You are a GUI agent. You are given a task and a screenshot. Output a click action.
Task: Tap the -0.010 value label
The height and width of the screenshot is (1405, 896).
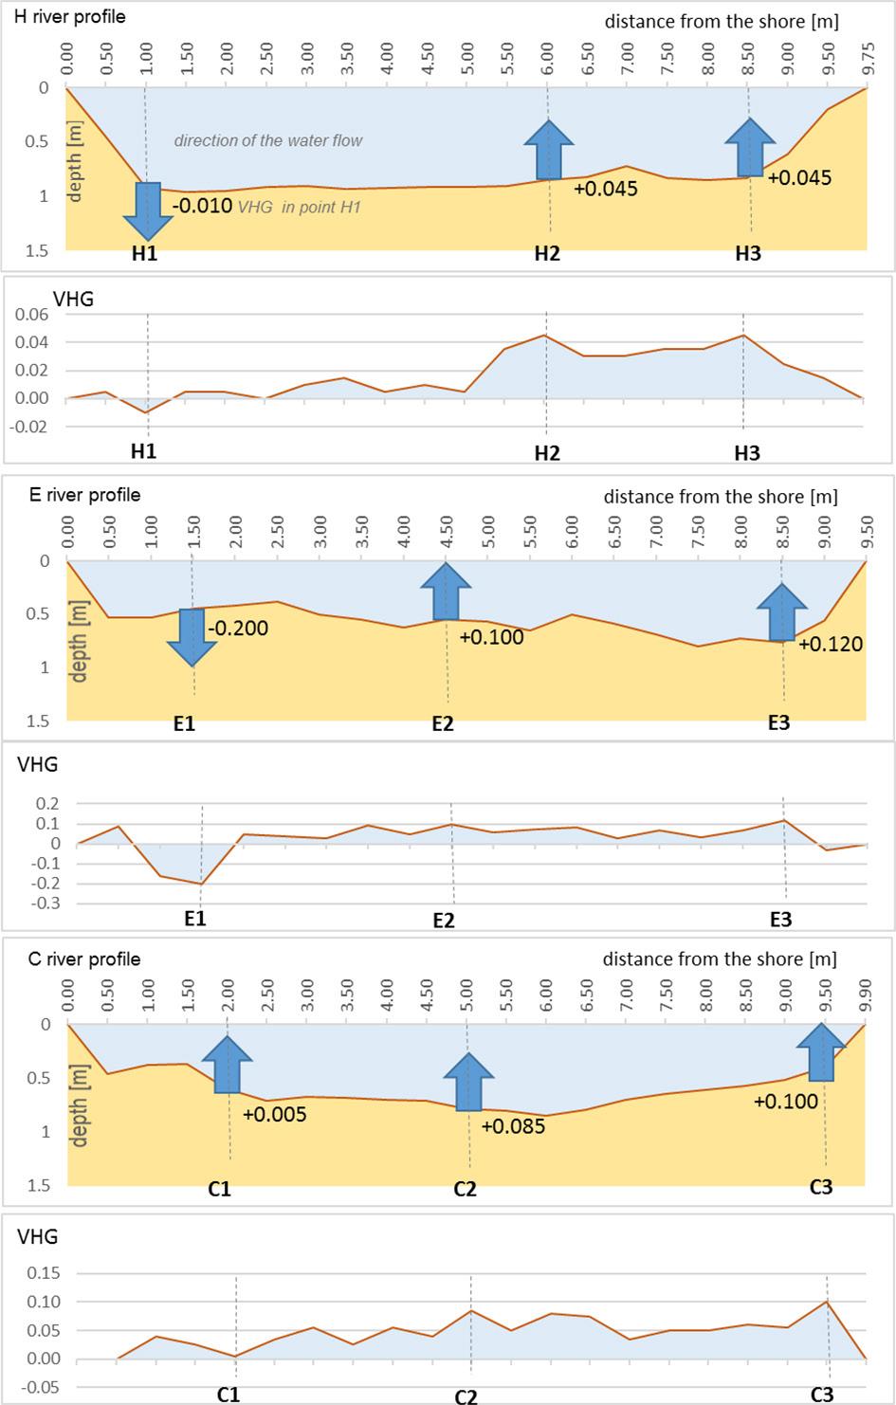click(x=202, y=205)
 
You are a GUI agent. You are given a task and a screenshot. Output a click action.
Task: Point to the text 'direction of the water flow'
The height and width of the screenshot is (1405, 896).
click(x=268, y=140)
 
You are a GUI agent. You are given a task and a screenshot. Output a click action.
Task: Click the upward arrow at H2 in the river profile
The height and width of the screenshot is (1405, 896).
click(x=549, y=149)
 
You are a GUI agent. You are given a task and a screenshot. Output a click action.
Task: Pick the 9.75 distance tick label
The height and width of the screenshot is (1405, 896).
click(x=866, y=57)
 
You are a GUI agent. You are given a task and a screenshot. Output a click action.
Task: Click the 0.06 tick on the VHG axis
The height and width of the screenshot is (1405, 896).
click(x=34, y=315)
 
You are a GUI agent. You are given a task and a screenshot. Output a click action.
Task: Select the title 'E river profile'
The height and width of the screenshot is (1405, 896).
click(x=84, y=495)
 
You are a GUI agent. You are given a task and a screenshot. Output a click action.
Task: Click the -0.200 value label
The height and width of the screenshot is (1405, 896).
click(x=237, y=628)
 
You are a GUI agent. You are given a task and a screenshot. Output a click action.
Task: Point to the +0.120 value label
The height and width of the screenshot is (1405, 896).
click(x=831, y=645)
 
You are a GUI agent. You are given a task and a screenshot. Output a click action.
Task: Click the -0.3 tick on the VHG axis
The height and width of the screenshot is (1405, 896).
click(x=44, y=903)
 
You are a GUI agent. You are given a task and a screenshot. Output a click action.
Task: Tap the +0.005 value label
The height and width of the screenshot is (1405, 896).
click(x=275, y=1114)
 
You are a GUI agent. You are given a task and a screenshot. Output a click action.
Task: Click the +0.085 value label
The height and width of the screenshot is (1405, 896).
click(x=513, y=1126)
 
